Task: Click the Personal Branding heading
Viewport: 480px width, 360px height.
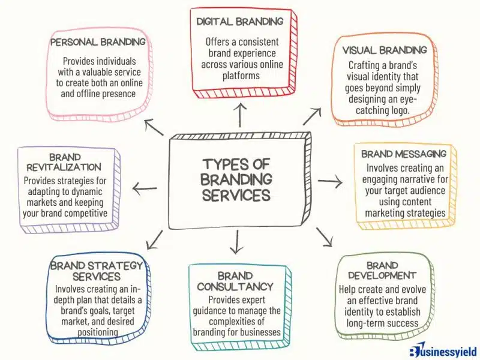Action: click(98, 42)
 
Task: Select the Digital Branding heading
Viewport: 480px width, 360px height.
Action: click(239, 22)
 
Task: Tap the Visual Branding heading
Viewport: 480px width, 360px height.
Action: click(385, 50)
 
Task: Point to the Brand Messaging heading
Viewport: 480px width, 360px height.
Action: click(404, 154)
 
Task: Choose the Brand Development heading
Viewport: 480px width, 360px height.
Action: click(382, 271)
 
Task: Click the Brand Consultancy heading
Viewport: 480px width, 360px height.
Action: click(235, 281)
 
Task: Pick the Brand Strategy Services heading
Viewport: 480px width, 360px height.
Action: click(97, 271)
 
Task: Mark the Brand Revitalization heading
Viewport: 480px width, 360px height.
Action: click(64, 162)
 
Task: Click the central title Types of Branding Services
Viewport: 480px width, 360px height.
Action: click(236, 179)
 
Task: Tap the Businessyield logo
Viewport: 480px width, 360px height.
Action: click(443, 351)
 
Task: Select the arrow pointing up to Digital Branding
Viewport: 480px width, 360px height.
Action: click(241, 115)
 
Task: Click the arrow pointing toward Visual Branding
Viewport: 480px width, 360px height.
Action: click(312, 116)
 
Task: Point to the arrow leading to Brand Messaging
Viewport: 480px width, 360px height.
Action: click(330, 181)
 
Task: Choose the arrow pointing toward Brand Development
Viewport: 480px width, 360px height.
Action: click(324, 236)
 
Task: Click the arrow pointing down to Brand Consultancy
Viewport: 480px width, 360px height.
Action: click(236, 242)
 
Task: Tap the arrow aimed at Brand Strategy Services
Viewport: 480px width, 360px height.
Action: click(155, 240)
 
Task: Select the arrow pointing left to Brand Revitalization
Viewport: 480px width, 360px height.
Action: click(145, 188)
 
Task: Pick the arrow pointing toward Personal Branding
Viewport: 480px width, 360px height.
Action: click(154, 127)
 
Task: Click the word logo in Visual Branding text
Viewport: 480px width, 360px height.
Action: click(400, 110)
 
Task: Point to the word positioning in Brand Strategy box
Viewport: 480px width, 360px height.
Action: click(98, 332)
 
